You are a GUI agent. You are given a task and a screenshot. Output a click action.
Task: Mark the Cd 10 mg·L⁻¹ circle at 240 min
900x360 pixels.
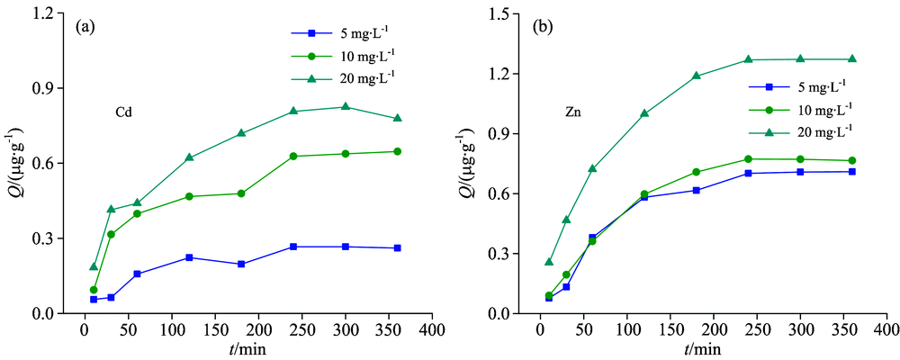pos(293,156)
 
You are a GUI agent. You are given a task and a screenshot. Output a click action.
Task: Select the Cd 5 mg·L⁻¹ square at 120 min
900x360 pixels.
pos(189,257)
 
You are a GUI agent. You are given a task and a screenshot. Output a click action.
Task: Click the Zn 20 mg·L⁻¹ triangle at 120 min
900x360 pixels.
pos(644,113)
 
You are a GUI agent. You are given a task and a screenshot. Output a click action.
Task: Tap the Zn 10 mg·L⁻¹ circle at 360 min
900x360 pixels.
pos(851,160)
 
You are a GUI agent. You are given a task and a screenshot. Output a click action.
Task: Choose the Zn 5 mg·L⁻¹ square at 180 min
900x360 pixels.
pos(697,190)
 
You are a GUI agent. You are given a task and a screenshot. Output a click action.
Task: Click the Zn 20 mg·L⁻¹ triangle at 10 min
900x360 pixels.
pos(549,262)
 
